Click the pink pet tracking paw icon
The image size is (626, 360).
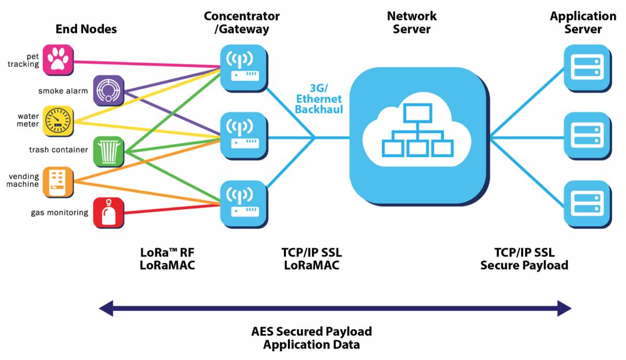pyautogui.click(x=58, y=59)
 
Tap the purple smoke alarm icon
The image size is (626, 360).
pyautogui.click(x=109, y=90)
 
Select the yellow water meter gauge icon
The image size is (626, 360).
pyautogui.click(x=58, y=121)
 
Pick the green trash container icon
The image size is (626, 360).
pyautogui.click(x=109, y=152)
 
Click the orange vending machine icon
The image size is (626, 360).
pyautogui.click(x=58, y=182)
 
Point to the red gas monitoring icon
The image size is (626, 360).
pyautogui.click(x=109, y=213)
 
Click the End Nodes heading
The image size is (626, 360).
pyautogui.click(x=86, y=29)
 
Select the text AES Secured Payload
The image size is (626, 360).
pyautogui.click(x=311, y=331)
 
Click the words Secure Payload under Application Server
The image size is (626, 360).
pyautogui.click(x=524, y=265)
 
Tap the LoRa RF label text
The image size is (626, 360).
pyautogui.click(x=166, y=253)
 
